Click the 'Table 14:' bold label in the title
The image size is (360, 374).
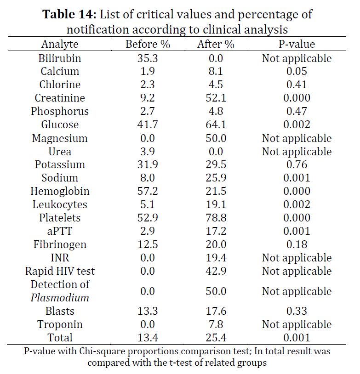(x=69, y=14)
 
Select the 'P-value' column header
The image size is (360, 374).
(x=297, y=44)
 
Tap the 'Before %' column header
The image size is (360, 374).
(x=148, y=44)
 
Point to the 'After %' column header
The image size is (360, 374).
(x=216, y=44)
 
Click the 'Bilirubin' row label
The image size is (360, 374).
(x=60, y=58)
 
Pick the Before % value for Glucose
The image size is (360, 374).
(x=148, y=125)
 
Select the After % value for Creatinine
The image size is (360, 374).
(x=216, y=98)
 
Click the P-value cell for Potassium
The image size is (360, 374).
(x=297, y=164)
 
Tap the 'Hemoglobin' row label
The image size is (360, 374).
(x=60, y=191)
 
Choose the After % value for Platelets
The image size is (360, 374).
(x=216, y=218)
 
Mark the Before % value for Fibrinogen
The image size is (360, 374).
(x=148, y=244)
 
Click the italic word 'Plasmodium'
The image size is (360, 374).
(x=60, y=298)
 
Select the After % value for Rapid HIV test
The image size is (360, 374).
(x=216, y=271)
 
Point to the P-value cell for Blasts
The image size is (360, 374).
(x=297, y=311)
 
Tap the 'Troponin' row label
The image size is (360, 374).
(x=60, y=324)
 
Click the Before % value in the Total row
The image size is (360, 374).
(x=148, y=338)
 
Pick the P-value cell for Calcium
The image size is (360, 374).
(x=297, y=71)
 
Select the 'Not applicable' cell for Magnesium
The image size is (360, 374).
(x=297, y=138)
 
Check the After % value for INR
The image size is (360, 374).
(x=216, y=258)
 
